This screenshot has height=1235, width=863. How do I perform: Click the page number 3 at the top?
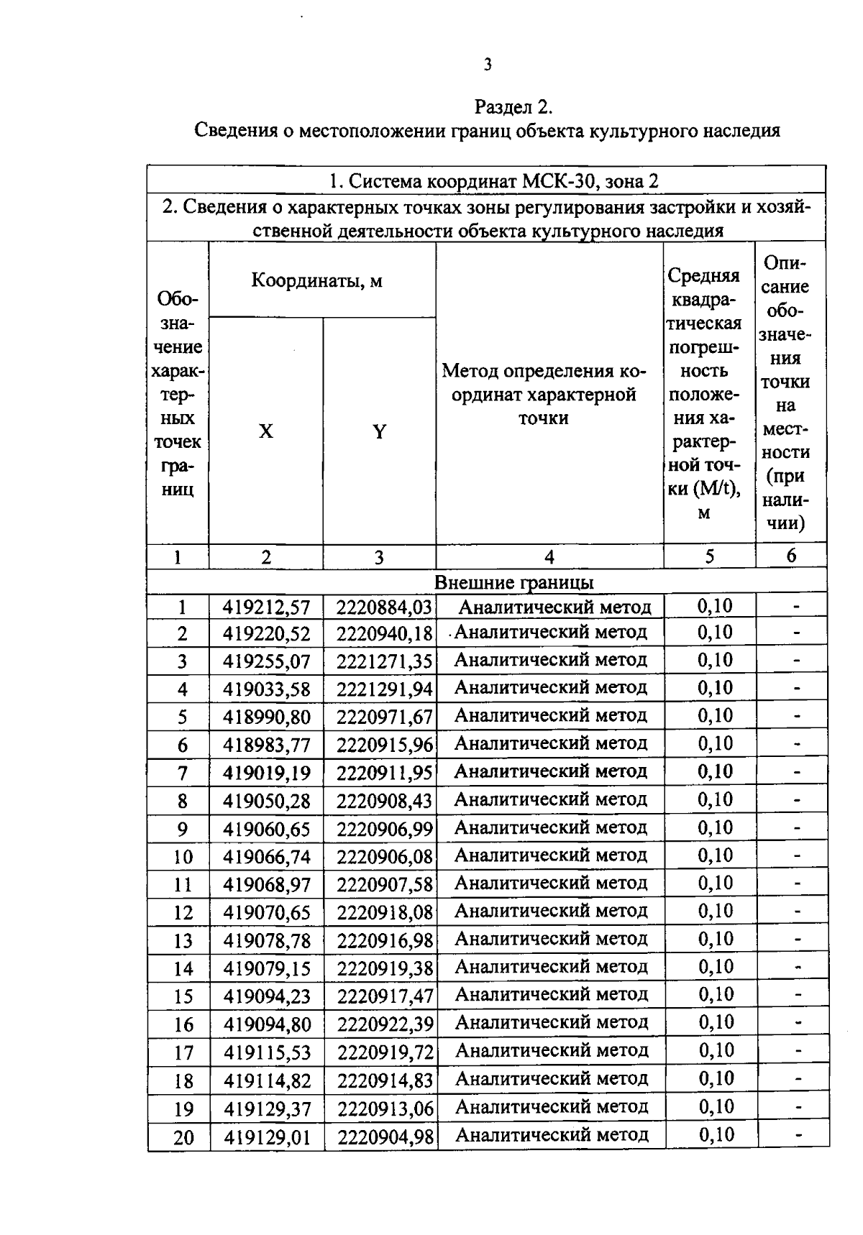point(488,65)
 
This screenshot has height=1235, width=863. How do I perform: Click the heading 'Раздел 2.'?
point(513,107)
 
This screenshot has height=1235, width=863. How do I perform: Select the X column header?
point(266,431)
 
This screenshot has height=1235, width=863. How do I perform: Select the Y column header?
point(379,431)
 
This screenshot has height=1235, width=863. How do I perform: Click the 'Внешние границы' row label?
point(513,582)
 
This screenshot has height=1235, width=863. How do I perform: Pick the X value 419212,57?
point(266,607)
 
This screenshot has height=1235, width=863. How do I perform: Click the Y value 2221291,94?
point(385,689)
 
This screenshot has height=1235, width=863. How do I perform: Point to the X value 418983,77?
point(266,745)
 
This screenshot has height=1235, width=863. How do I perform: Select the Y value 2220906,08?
point(385,857)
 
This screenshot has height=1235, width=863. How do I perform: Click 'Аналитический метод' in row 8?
point(551,799)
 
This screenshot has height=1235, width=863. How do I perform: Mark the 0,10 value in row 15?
point(716,995)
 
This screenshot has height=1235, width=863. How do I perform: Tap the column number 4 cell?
point(549,557)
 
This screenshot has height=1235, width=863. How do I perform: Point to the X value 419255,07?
point(266,661)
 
